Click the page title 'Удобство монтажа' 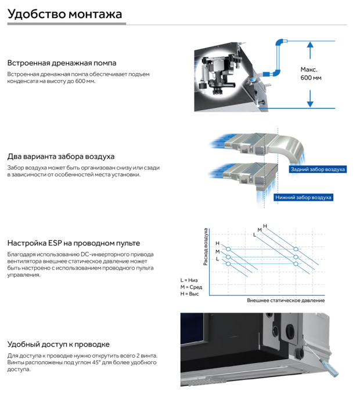pyautogui.click(x=65, y=13)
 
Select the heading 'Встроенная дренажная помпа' pyautogui.click(x=62, y=63)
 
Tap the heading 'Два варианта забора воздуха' pyautogui.click(x=61, y=157)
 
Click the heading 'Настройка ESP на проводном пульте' pyautogui.click(x=74, y=243)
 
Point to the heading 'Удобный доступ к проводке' pyautogui.click(x=58, y=345)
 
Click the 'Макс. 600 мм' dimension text pyautogui.click(x=311, y=74)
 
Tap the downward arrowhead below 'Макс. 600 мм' pyautogui.click(x=311, y=103)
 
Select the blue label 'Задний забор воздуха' pyautogui.click(x=317, y=169)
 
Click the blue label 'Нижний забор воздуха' pyautogui.click(x=303, y=197)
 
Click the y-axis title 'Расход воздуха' pyautogui.click(x=206, y=247)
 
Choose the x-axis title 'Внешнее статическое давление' pyautogui.click(x=286, y=300)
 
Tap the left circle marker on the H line pyautogui.click(x=228, y=249)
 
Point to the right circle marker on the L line pyautogui.click(x=296, y=263)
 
